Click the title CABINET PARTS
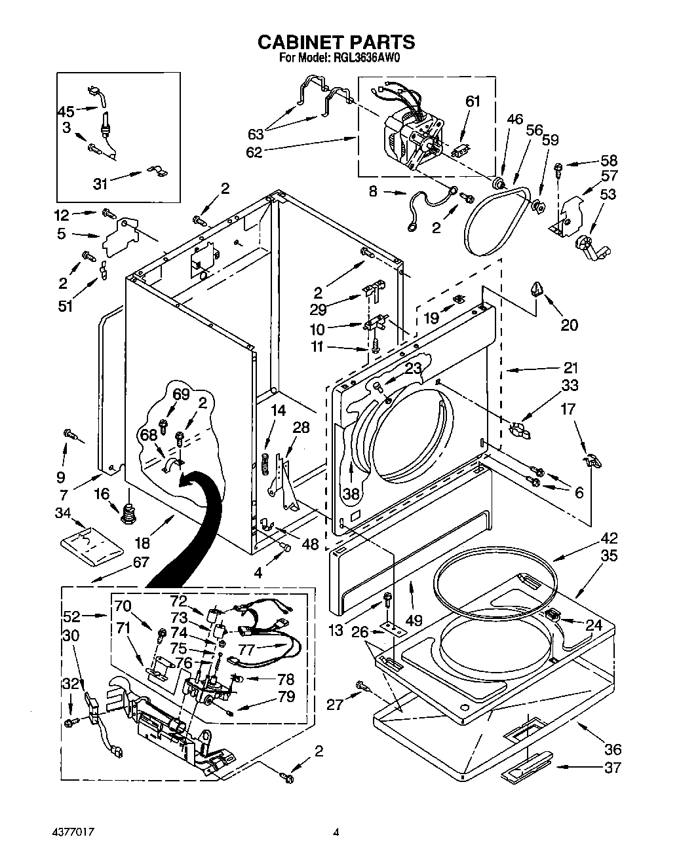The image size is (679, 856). [336, 42]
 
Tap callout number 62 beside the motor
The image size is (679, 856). [254, 152]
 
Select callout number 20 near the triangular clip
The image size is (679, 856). [569, 324]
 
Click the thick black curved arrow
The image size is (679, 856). [190, 524]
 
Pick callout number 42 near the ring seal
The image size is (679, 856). [610, 539]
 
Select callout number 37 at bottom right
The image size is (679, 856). [611, 768]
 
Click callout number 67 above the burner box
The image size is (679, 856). [140, 561]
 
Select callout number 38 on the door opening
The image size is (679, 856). [351, 494]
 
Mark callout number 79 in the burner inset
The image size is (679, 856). [286, 696]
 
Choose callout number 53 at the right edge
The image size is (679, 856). [608, 194]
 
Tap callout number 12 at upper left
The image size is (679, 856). [61, 214]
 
